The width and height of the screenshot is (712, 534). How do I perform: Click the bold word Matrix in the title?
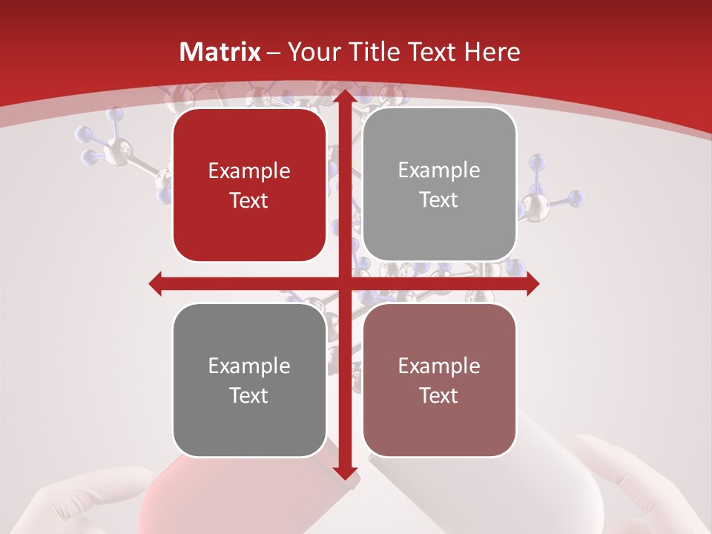click(220, 52)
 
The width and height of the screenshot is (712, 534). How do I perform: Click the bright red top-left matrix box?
click(249, 185)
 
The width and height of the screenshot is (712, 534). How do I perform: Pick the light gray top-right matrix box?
click(439, 185)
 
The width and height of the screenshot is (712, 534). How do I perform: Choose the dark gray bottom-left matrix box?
click(249, 380)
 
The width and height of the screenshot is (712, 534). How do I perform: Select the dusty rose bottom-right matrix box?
click(439, 380)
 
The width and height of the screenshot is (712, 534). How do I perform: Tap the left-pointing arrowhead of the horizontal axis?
click(156, 283)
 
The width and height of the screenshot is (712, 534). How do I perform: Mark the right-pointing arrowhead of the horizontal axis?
click(532, 283)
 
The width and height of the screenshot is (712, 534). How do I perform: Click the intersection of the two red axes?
click(344, 283)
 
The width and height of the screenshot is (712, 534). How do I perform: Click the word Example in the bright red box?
click(249, 171)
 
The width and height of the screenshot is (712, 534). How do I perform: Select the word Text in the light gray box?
click(439, 200)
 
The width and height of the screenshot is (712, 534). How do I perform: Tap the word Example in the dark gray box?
click(249, 366)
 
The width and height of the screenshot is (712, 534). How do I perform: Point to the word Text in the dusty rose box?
click(439, 395)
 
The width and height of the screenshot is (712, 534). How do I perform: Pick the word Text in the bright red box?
click(249, 200)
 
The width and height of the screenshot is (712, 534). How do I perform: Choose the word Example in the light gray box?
click(439, 171)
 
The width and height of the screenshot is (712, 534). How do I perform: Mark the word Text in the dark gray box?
click(249, 395)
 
